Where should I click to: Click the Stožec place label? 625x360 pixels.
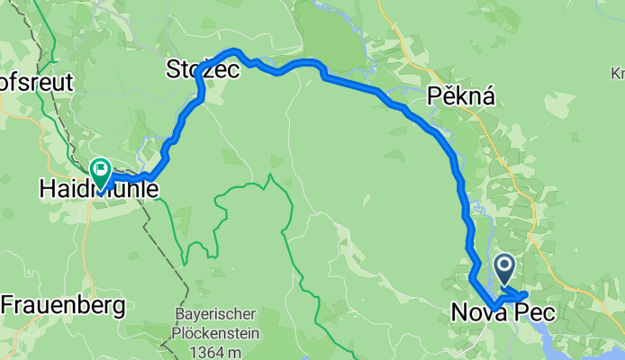point(203,69)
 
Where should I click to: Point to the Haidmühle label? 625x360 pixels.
point(99,190)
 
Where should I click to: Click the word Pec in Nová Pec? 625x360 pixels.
point(537,313)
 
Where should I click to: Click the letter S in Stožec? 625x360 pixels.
point(173,69)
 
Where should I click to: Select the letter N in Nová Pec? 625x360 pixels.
point(459,313)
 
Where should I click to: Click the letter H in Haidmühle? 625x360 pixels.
point(47,190)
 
